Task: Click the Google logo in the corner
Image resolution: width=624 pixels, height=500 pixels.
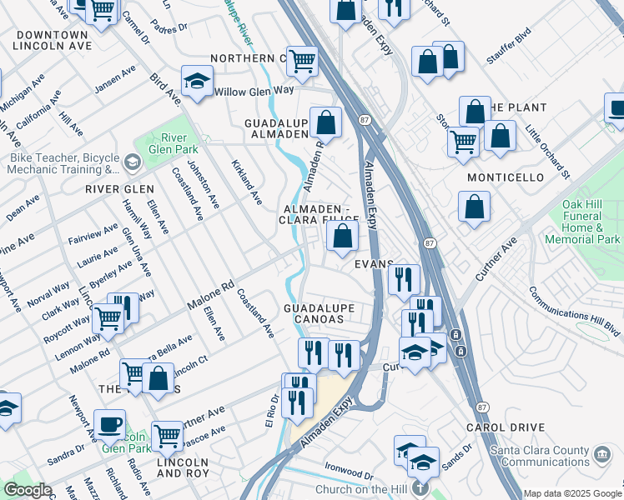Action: click(28, 490)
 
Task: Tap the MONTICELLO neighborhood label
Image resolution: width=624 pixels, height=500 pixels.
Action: click(506, 177)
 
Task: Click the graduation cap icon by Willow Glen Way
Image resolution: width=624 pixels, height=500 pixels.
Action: click(197, 82)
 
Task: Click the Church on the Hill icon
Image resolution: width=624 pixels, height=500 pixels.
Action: click(423, 489)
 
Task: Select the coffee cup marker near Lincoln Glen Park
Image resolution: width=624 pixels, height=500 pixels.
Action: click(109, 423)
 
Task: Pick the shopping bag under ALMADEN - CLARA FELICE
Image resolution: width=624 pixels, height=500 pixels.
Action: click(342, 237)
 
